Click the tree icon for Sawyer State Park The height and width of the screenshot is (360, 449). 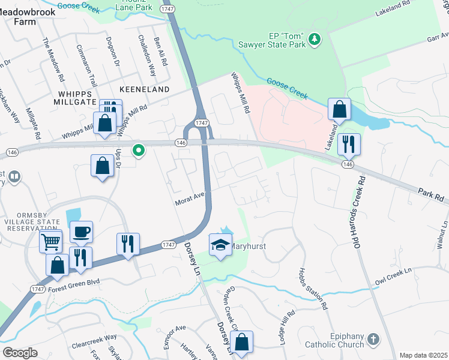tap(314, 39)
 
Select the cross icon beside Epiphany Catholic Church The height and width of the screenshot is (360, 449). tap(373, 340)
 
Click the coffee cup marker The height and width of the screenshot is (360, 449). tap(82, 232)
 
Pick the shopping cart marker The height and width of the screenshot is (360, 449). tap(50, 242)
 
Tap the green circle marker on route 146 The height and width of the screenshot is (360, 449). tap(139, 150)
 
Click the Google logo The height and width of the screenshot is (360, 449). tap(20, 352)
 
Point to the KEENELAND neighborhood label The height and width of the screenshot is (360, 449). tap(145, 89)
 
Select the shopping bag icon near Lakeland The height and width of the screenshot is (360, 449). tap(340, 110)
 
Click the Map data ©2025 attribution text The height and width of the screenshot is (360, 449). tap(423, 355)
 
